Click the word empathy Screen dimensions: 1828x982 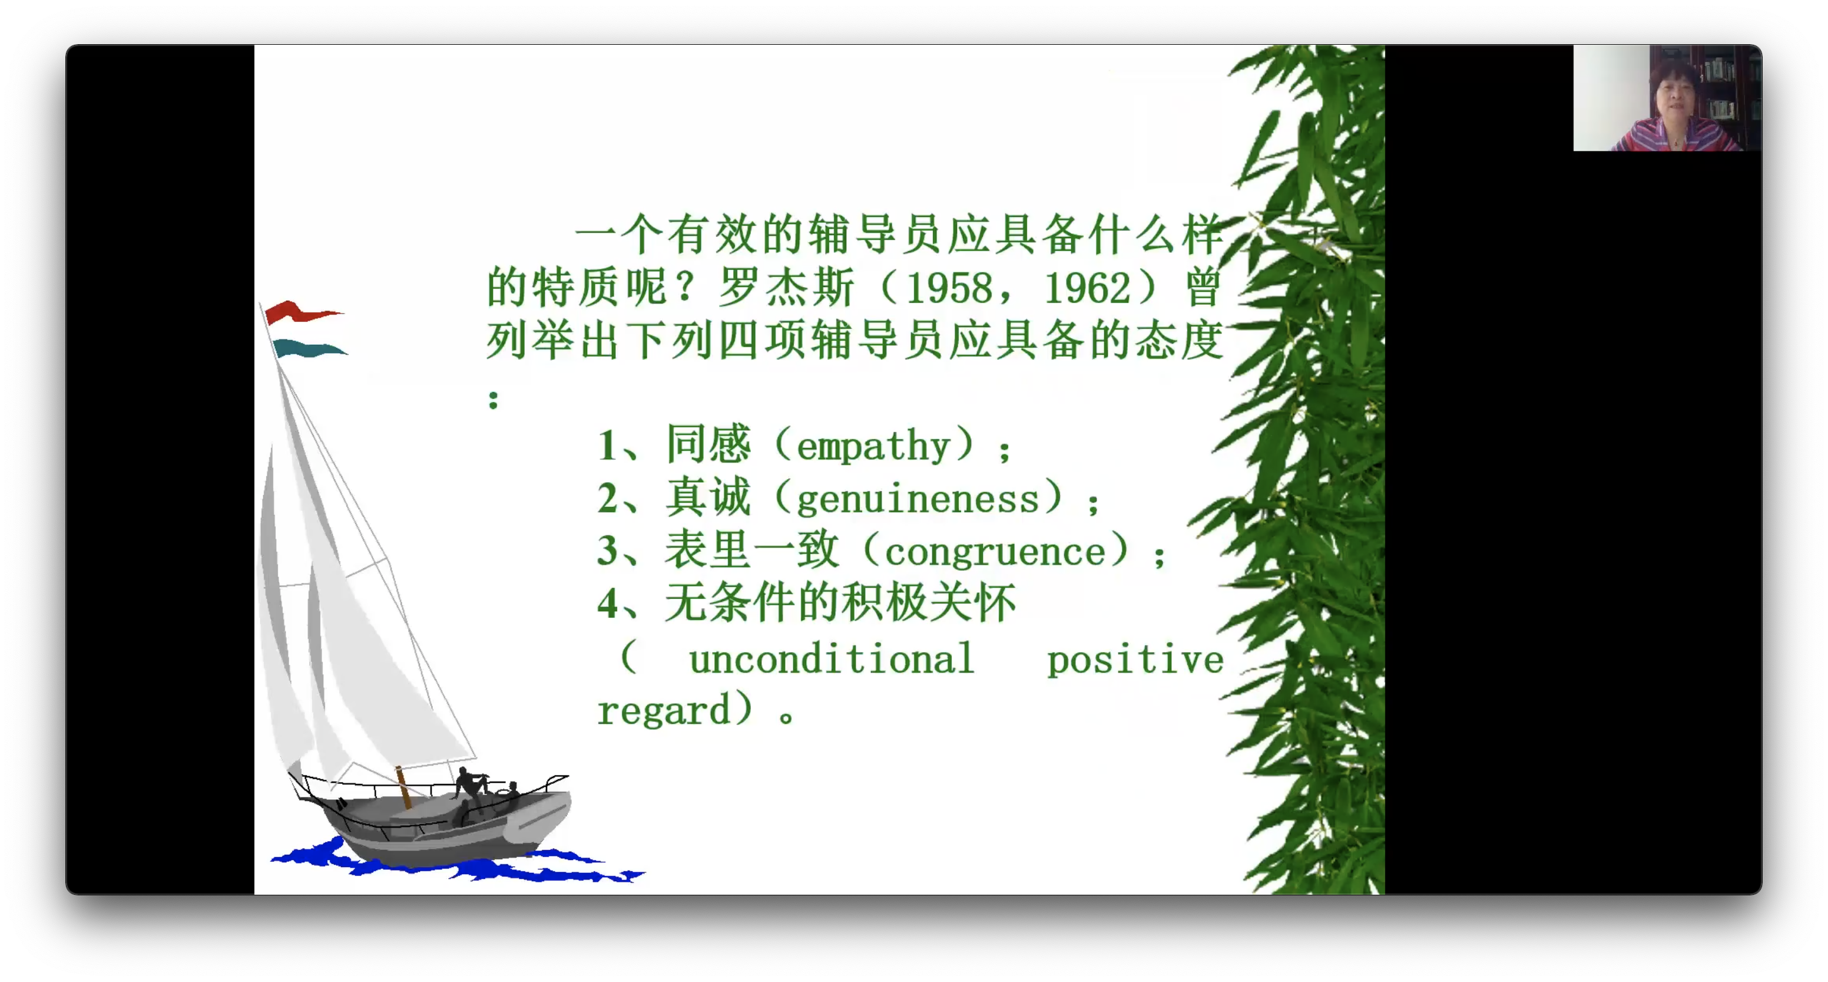[x=873, y=447]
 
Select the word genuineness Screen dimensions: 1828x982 [x=918, y=500]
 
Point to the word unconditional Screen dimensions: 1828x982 [x=831, y=659]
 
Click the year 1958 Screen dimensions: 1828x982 [x=949, y=288]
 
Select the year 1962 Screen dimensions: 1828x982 [x=1087, y=288]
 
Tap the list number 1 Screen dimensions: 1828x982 [x=607, y=446]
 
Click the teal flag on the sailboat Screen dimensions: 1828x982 [x=309, y=348]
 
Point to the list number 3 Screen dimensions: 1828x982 [x=607, y=551]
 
